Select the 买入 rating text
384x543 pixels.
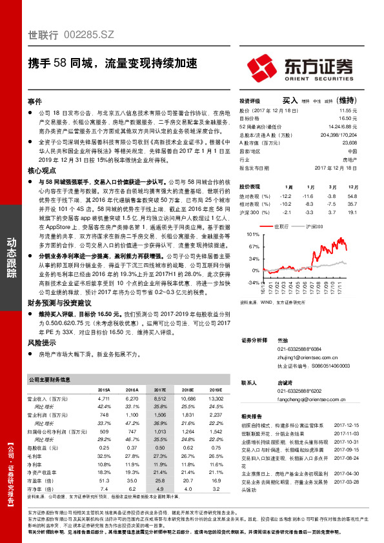click(290, 101)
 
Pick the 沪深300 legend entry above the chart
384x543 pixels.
click(315, 226)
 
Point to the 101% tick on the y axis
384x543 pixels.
click(252, 235)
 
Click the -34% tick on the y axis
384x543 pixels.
click(252, 282)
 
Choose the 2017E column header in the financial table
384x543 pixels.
click(159, 390)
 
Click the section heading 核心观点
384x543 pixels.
click(39, 171)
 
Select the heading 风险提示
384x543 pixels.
click(39, 343)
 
